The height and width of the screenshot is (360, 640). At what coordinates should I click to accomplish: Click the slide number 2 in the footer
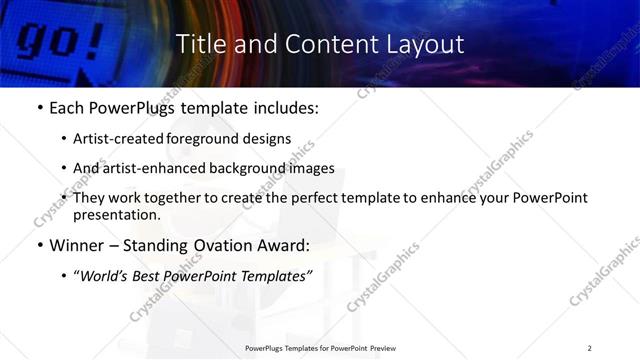tap(590, 348)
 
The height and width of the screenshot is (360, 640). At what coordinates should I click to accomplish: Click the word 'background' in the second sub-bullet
tap(251, 168)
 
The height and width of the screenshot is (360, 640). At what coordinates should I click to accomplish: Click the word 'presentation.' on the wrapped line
tap(116, 214)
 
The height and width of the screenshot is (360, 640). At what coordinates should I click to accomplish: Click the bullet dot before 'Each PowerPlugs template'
tap(39, 108)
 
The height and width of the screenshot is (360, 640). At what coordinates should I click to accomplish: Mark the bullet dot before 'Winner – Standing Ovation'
tap(39, 243)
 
